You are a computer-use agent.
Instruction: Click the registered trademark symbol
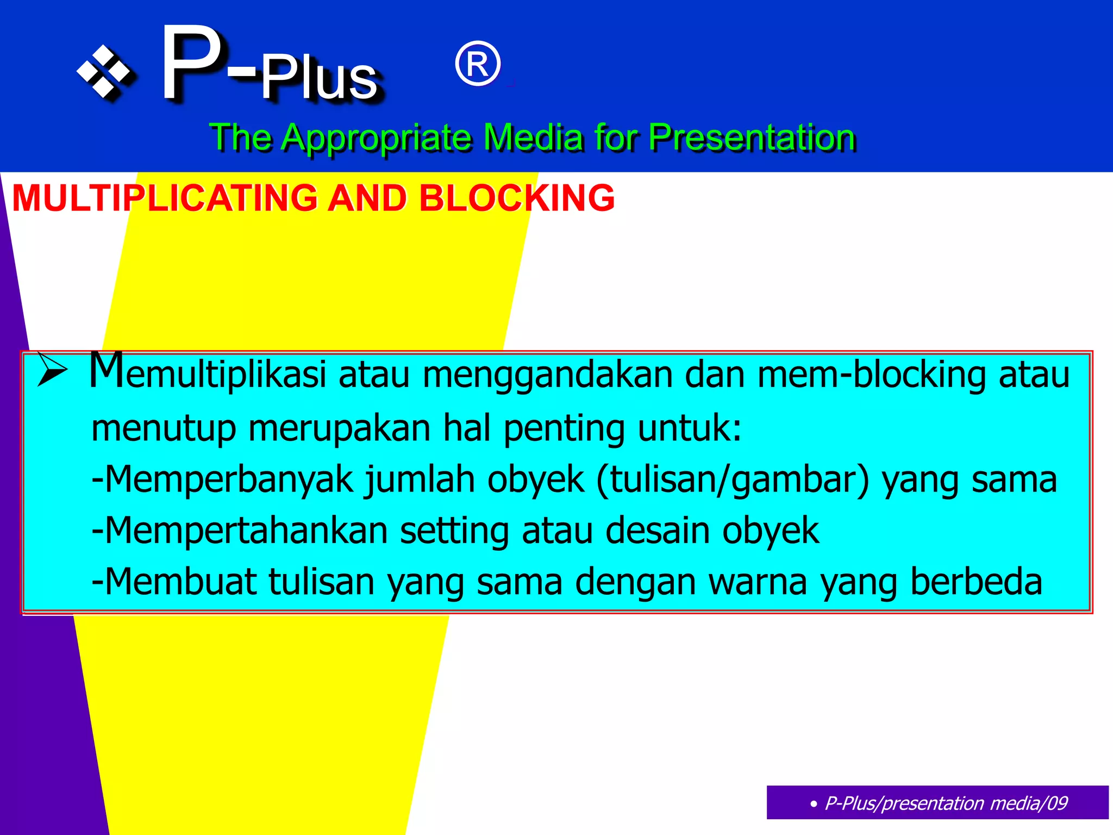(477, 64)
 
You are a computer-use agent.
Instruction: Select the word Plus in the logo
(319, 79)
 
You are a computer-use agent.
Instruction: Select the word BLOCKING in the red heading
(516, 198)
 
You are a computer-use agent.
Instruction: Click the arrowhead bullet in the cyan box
(52, 371)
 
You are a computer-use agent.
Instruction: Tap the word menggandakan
(548, 375)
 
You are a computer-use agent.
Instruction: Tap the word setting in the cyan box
(454, 532)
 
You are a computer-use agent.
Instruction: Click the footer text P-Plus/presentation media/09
(946, 803)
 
